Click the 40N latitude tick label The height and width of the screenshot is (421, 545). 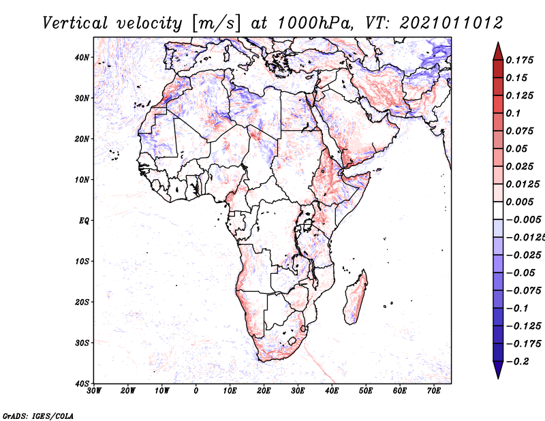(82, 57)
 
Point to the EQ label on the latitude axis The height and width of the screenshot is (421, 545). (84, 221)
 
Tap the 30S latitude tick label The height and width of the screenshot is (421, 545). (82, 343)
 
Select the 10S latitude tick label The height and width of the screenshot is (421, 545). (82, 262)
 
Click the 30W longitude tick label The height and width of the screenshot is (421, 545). (94, 391)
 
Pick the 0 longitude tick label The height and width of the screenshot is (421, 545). (196, 391)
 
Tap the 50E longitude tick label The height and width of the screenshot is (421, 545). (366, 391)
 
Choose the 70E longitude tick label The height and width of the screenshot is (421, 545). (433, 391)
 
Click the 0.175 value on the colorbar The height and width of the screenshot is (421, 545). (519, 60)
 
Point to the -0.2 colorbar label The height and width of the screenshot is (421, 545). (517, 362)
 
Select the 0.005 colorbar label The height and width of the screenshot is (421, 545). (519, 202)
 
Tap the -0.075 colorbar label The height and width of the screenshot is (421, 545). (523, 291)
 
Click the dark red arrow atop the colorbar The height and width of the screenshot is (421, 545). (498, 52)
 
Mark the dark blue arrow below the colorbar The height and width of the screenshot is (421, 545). (498, 370)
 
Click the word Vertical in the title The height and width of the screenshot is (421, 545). (75, 23)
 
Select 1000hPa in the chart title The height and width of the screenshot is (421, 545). (315, 23)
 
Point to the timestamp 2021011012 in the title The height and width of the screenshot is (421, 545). (451, 23)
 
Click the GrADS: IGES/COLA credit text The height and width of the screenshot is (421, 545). (38, 416)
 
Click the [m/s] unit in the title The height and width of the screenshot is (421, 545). (215, 23)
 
